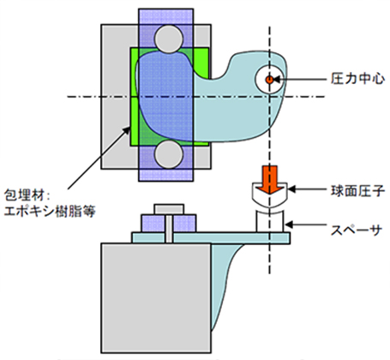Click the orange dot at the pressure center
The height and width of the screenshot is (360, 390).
pos(268,79)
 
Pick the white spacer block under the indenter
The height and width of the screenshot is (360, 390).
pos(269,218)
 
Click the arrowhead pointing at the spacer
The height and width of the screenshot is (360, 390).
pos(288,228)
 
